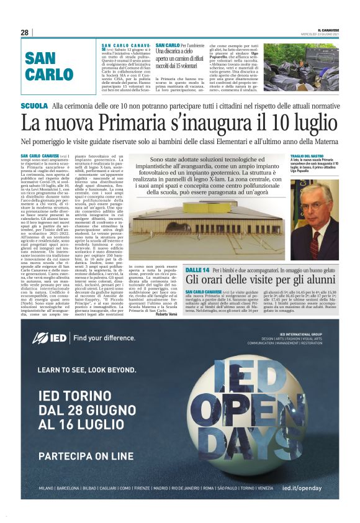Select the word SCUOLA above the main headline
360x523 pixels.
[x=34, y=106]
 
